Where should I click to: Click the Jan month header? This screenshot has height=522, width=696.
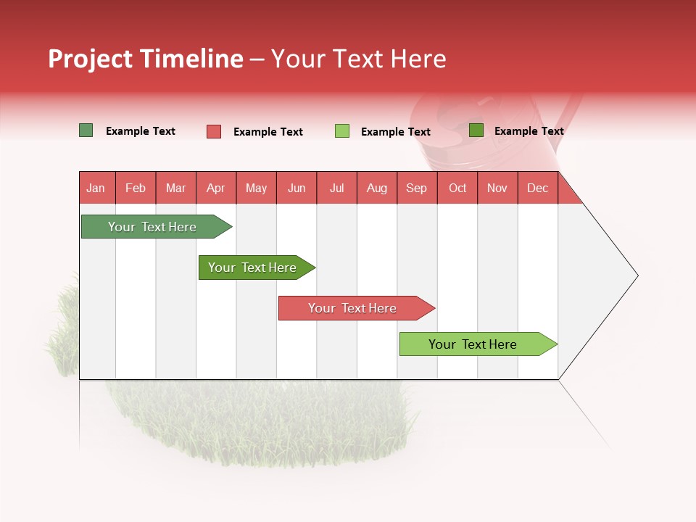[x=96, y=188]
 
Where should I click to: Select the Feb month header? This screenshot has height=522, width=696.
[x=136, y=188]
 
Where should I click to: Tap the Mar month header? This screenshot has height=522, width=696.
[x=175, y=188]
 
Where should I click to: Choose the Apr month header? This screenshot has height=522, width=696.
[x=216, y=188]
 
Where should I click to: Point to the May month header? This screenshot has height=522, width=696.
[x=256, y=188]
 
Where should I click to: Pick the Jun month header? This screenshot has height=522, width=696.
[x=297, y=188]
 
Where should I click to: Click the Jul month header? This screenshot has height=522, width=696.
[x=336, y=188]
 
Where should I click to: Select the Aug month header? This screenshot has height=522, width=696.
[x=377, y=188]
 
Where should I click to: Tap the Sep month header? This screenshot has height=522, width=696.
[x=417, y=188]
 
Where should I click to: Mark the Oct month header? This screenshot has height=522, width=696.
[x=457, y=188]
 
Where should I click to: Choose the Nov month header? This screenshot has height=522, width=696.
[x=497, y=188]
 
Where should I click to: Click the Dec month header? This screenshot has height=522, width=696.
[x=538, y=188]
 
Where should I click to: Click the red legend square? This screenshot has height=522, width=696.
[x=214, y=131]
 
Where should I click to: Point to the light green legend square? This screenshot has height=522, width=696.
[x=342, y=131]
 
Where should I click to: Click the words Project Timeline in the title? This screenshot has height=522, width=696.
[x=146, y=59]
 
